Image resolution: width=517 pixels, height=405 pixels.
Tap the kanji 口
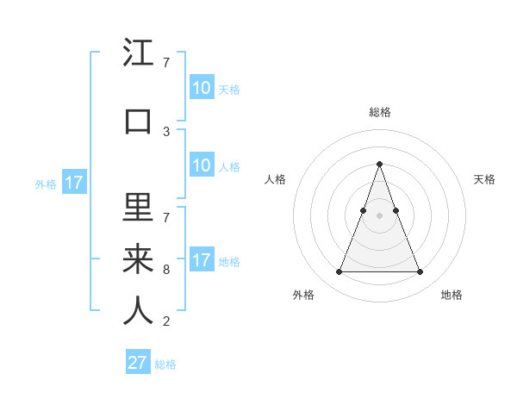point(139,121)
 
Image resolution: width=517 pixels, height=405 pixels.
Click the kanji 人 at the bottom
point(139,310)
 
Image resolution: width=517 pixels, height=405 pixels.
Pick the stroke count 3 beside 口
point(166,131)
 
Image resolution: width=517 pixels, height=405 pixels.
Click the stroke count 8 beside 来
point(166,269)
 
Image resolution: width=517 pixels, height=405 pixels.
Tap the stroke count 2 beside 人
point(166,321)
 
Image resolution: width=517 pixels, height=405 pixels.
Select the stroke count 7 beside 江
point(166,63)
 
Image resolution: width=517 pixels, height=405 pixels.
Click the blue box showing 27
point(138,363)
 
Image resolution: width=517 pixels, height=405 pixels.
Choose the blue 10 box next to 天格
point(201,88)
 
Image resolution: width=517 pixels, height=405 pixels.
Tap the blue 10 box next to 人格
point(201,165)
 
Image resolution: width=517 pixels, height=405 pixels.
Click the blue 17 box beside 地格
point(201,260)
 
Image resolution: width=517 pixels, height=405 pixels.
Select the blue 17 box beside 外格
point(73,183)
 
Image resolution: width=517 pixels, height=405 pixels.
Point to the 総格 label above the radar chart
point(379,112)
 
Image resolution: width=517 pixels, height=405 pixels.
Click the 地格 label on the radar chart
point(452,296)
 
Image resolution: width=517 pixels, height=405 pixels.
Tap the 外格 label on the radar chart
point(303,296)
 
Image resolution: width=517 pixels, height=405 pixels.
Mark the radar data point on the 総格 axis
point(379,164)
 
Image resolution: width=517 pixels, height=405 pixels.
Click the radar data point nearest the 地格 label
point(420,272)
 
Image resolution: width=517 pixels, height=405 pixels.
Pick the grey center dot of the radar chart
point(379,215)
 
